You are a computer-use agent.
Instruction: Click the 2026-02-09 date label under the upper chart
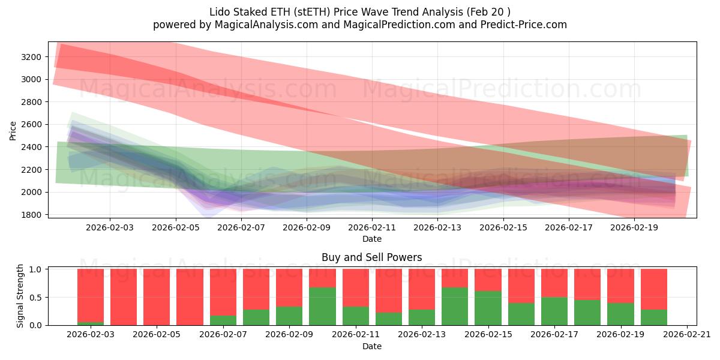tap(307, 228)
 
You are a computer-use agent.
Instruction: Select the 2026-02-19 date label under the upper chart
tap(635, 228)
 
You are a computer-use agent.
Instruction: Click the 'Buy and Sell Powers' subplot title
tap(371, 257)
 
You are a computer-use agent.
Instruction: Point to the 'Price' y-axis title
tap(13, 130)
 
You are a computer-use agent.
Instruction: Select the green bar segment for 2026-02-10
tap(322, 307)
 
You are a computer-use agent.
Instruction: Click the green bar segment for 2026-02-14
tap(455, 307)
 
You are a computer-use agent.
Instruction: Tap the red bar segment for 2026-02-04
tap(124, 297)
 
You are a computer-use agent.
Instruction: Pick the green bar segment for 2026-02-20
tap(653, 317)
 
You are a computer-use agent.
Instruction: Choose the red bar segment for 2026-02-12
tap(388, 291)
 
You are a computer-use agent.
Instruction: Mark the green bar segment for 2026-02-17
tap(554, 311)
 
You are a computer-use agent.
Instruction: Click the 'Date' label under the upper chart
tap(372, 239)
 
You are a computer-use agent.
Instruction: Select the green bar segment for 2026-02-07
tap(223, 320)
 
